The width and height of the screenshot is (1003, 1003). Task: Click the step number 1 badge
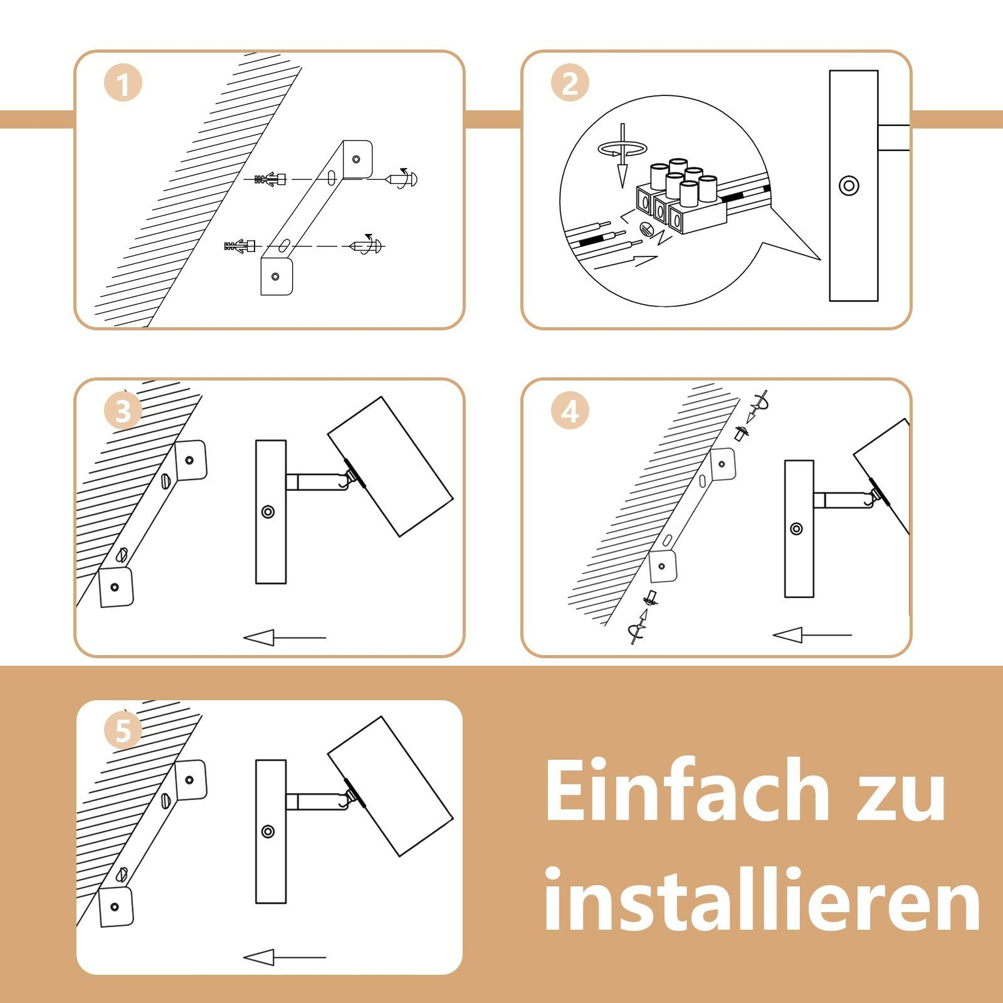123,84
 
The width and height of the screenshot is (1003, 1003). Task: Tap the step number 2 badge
570,84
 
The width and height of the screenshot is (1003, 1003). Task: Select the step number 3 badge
123,412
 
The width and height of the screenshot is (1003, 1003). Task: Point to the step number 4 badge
570,412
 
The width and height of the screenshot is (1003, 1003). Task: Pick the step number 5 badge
123,732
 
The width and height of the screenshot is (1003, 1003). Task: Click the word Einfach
688,791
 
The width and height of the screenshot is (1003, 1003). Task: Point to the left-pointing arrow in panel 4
812,636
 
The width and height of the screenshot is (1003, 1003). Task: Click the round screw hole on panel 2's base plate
849,186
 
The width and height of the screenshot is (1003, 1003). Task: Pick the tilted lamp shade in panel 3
391,466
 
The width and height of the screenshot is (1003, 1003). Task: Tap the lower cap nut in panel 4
652,597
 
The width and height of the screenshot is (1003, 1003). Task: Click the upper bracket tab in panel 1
356,159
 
